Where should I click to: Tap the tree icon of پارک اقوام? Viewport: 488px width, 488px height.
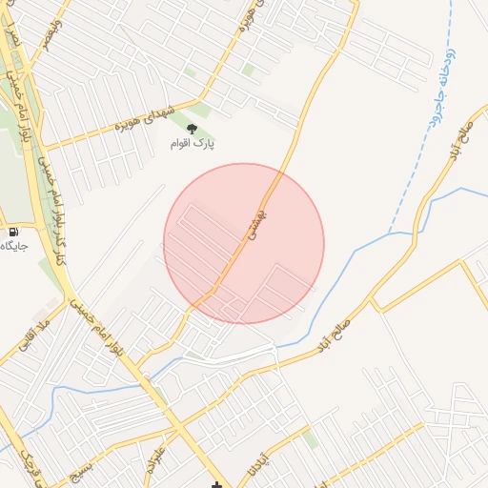coord(192,129)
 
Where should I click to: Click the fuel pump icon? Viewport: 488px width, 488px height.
coord(12,232)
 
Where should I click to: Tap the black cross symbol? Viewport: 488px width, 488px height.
coord(218,484)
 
